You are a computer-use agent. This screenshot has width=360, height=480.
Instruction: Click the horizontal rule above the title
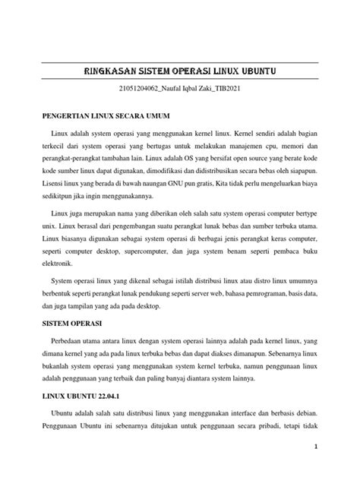180,62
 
